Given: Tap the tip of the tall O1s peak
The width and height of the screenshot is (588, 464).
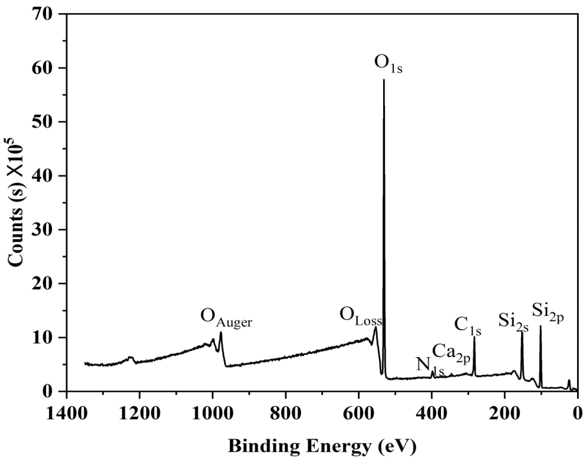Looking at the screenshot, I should click(384, 80).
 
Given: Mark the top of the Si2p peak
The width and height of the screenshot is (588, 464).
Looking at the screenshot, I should click(541, 326).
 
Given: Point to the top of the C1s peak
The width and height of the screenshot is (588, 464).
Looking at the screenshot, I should click(474, 337).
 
